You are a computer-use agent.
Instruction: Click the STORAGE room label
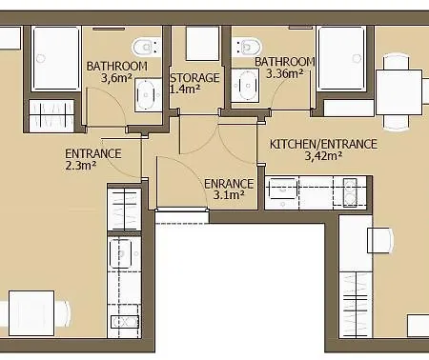(x=194, y=78)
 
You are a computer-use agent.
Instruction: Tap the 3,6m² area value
(x=116, y=78)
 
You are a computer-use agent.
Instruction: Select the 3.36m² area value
(x=284, y=73)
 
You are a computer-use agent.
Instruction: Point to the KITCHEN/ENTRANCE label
(x=323, y=144)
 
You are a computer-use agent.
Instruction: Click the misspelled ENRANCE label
(x=229, y=184)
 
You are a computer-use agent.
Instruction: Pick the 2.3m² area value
(x=81, y=165)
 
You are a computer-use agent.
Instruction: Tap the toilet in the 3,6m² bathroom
(x=147, y=48)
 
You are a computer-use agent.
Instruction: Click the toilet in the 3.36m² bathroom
(x=247, y=47)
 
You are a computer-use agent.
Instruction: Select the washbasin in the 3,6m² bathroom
(x=149, y=94)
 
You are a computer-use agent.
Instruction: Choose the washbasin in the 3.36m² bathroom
(x=245, y=86)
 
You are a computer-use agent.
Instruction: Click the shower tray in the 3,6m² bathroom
(x=56, y=59)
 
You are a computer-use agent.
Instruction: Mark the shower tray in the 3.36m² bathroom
(x=342, y=58)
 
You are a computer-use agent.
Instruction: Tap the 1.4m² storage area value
(x=185, y=89)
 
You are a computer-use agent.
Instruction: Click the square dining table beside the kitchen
(x=399, y=92)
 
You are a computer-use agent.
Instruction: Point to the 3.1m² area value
(x=229, y=194)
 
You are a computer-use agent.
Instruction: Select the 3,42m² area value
(x=323, y=155)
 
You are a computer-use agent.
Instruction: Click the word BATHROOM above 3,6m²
(x=117, y=66)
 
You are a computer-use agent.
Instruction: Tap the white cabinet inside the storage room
(x=202, y=44)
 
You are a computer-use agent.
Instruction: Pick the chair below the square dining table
(x=397, y=123)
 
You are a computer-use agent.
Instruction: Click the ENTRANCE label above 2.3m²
(x=93, y=153)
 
